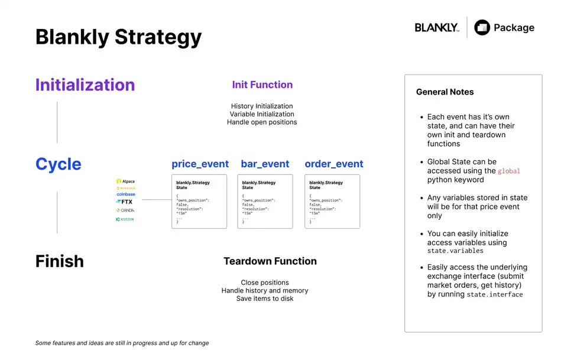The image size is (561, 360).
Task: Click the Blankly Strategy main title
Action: (118, 37)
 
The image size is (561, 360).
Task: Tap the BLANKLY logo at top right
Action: (437, 28)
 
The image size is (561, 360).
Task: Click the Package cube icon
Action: (482, 28)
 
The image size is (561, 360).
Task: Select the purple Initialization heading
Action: (85, 85)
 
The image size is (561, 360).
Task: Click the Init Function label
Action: (262, 85)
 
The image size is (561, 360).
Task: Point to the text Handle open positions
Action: (262, 122)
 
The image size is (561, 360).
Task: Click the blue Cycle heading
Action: (59, 164)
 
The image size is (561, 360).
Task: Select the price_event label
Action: (200, 164)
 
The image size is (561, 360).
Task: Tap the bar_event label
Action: (265, 164)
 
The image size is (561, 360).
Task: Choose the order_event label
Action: (334, 164)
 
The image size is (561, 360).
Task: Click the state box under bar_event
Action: (265, 201)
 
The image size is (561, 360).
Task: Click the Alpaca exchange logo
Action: (125, 181)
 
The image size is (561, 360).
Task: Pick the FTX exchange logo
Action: (125, 202)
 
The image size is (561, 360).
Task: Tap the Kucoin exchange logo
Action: (125, 219)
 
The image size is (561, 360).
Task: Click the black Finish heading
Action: (59, 261)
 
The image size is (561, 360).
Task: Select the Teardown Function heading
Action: (270, 261)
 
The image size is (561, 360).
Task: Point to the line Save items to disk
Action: (265, 299)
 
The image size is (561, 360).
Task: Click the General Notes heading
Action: (445, 92)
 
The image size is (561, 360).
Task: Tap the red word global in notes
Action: (509, 171)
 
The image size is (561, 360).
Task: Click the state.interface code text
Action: (495, 294)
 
